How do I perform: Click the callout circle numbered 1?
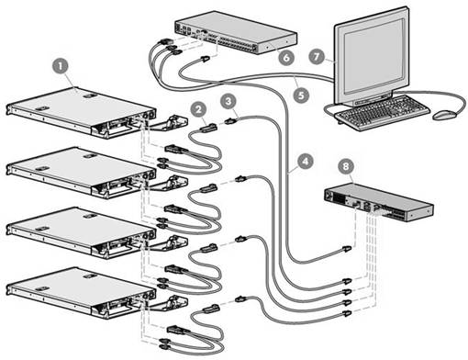coord(61,66)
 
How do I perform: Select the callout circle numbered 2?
coord(198,109)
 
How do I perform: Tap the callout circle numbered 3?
coord(228,101)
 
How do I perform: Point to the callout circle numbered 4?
coord(305,161)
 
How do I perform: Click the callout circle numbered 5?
coord(301,95)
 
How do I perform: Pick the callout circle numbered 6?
coord(286,58)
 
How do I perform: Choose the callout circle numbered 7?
coord(317,56)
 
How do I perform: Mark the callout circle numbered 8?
coord(346,166)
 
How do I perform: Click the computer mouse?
coord(444,115)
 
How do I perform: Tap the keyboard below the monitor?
coord(382,113)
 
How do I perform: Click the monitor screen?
coord(374,56)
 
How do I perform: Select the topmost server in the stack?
coord(81,111)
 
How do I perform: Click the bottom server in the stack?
coord(81,291)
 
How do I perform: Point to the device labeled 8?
coord(378,202)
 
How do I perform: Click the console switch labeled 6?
coord(236,32)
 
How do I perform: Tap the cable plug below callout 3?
coord(231,121)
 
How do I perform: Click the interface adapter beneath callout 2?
coord(209,127)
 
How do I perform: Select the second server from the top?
coord(81,172)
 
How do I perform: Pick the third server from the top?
coord(81,231)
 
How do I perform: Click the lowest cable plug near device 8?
coord(346,313)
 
